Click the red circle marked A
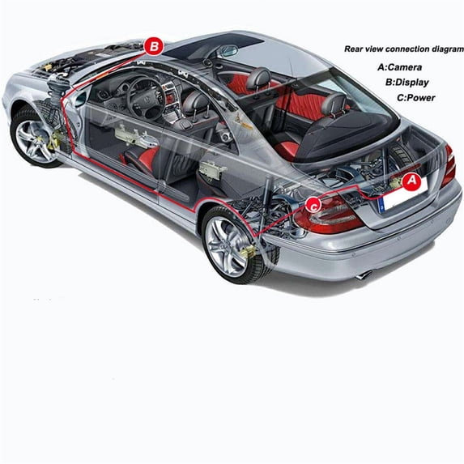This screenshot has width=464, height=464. click(411, 181)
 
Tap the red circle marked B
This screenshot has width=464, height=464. click(154, 46)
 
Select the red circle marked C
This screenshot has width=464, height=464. click(313, 205)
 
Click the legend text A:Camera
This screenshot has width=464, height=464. click(399, 67)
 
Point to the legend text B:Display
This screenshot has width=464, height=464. click(407, 83)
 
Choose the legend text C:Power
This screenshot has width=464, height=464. click(415, 98)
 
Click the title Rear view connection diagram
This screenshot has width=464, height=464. click(404, 49)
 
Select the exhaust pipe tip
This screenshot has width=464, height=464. click(364, 275)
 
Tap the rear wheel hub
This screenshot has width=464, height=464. click(225, 243)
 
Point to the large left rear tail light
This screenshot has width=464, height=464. click(327, 215)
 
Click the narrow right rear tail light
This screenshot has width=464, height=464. click(449, 166)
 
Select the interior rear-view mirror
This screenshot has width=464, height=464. click(228, 51)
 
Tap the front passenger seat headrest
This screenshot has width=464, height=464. click(258, 77)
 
